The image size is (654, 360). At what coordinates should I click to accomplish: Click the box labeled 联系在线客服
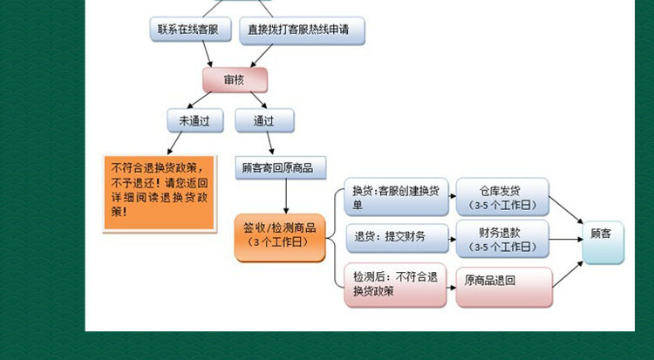click(191, 29)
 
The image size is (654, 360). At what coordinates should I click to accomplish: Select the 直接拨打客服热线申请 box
click(302, 31)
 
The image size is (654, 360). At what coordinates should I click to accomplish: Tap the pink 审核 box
click(235, 80)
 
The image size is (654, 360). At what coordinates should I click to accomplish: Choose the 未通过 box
click(195, 121)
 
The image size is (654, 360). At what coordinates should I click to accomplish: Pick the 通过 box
click(264, 121)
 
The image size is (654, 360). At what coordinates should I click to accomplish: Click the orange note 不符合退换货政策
click(160, 194)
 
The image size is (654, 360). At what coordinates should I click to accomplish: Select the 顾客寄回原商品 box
click(281, 168)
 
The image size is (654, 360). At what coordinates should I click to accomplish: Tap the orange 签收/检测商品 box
click(280, 238)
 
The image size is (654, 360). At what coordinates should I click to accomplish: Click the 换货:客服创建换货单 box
click(396, 197)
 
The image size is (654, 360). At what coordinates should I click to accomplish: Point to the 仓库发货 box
click(502, 197)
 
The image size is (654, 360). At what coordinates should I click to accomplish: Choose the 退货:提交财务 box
click(397, 238)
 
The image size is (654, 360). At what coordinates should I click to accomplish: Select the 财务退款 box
click(502, 239)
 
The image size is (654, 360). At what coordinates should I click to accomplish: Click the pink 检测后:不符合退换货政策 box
click(395, 285)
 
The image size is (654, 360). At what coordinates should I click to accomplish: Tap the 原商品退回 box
click(504, 287)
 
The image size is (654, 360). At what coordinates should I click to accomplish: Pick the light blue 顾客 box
click(603, 243)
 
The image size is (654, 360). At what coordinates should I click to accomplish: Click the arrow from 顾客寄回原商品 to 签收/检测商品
click(286, 196)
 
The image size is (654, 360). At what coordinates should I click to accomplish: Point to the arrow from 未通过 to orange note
click(174, 143)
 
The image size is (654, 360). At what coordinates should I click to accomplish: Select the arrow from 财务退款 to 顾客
click(566, 240)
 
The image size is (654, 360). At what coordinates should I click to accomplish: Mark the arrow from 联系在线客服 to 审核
click(208, 54)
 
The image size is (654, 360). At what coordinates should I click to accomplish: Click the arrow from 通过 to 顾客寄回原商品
click(270, 144)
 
